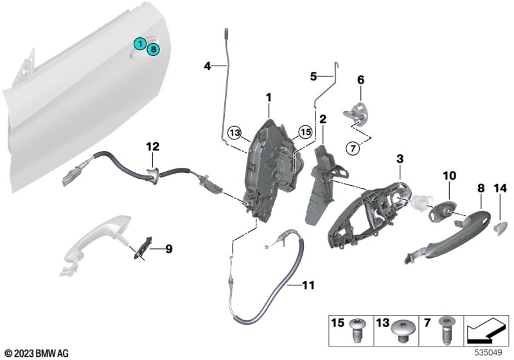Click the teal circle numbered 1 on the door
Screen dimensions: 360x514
pos(139,43)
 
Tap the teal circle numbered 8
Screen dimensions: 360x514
pos(154,48)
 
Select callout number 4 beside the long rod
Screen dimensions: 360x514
pos(207,66)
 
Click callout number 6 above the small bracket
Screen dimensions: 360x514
pos(360,80)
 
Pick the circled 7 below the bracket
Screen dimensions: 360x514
pos(353,148)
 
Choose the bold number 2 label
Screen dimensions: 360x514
pos(323,119)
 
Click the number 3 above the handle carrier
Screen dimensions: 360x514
pos(399,158)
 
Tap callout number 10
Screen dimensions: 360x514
pos(448,175)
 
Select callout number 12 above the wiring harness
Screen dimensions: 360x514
pos(152,147)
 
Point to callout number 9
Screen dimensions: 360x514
pos(169,248)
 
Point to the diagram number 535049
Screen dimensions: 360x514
pos(490,352)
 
